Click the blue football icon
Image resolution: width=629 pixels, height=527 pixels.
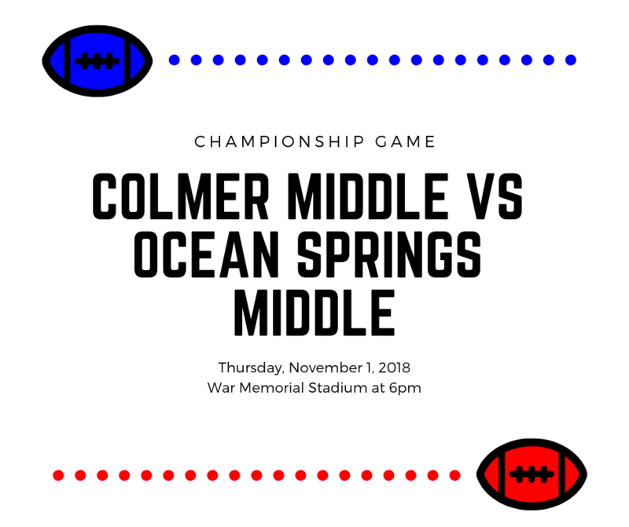click(97, 60)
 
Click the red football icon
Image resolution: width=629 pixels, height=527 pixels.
click(532, 474)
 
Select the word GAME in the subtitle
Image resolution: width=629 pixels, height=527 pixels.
click(406, 142)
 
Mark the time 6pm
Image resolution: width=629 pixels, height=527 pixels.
click(406, 387)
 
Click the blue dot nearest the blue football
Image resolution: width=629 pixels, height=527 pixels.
click(175, 60)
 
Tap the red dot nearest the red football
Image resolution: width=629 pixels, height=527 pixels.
click(454, 475)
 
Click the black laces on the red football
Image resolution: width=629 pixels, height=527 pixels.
click(532, 474)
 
